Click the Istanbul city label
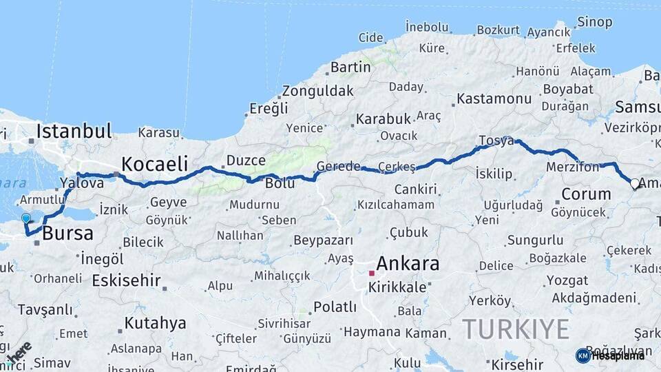click(x=74, y=130)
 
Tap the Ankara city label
click(x=408, y=263)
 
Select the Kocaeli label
click(x=155, y=163)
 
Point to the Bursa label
click(x=67, y=234)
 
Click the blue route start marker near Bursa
click(x=26, y=218)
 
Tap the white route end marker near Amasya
click(x=635, y=184)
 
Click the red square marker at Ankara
click(x=372, y=273)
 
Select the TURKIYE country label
click(x=516, y=329)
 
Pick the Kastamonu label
click(x=494, y=99)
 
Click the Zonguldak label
click(x=317, y=90)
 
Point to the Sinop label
click(x=595, y=22)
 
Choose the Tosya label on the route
click(x=496, y=141)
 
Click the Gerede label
click(x=338, y=166)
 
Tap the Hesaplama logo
click(x=610, y=355)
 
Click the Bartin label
click(x=350, y=68)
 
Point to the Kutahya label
click(x=156, y=323)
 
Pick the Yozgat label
click(x=567, y=280)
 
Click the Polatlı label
click(x=335, y=307)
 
